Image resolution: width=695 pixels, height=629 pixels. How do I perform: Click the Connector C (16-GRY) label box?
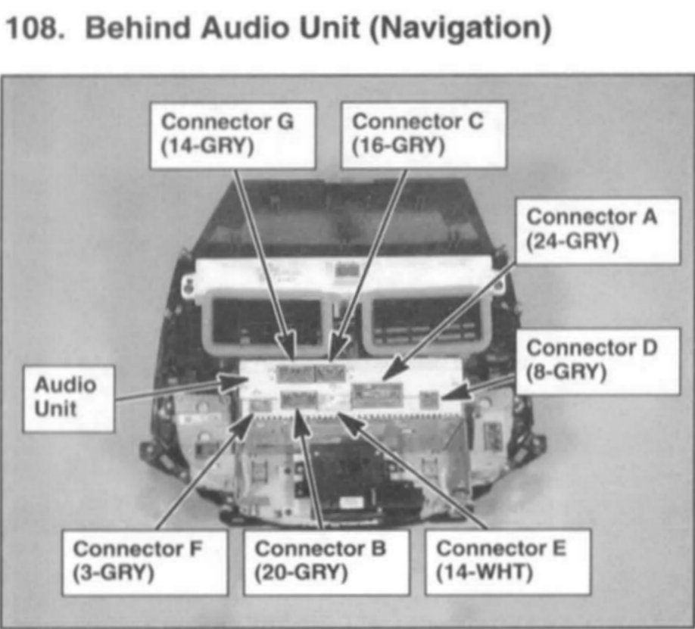[423, 135]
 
